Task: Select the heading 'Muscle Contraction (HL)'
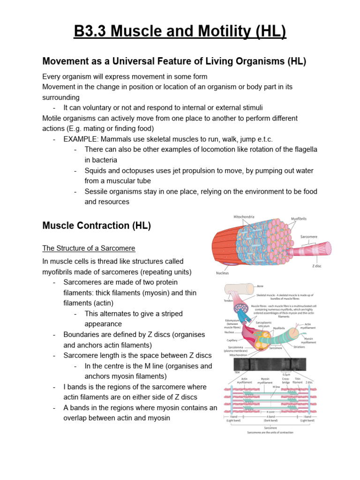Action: tap(97, 225)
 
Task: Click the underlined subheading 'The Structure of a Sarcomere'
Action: tap(89, 248)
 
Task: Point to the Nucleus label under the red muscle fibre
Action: tap(222, 273)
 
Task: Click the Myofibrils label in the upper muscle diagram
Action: tap(300, 218)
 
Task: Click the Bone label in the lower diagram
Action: tap(261, 285)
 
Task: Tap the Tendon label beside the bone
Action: tap(228, 301)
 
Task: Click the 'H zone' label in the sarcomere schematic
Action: tap(271, 412)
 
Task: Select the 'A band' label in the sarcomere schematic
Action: tap(271, 416)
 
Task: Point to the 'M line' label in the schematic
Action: tap(277, 387)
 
